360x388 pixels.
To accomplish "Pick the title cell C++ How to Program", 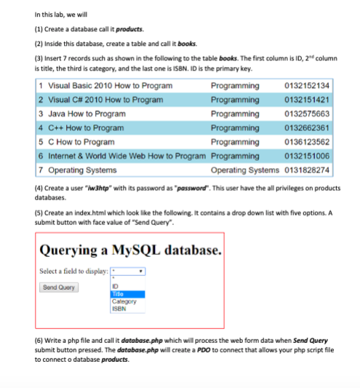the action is [x=87, y=127].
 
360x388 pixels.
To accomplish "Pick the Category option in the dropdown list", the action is [x=123, y=301].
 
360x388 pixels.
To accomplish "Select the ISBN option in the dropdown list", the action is [x=119, y=308].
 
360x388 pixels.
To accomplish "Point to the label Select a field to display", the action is [x=73, y=271].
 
